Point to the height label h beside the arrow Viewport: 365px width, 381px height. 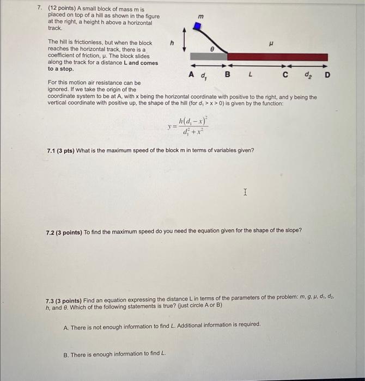coord(172,42)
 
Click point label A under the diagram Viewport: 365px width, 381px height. coord(191,74)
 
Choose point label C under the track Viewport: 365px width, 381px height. coord(286,74)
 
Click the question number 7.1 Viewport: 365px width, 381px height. coord(52,150)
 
